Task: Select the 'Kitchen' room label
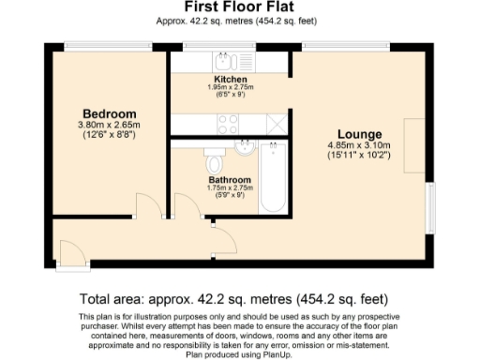point(230,80)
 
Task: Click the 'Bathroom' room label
point(230,179)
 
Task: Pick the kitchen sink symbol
point(227,59)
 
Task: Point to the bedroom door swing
point(147,205)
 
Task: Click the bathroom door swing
point(185,205)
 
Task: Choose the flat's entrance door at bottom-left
point(68,250)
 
